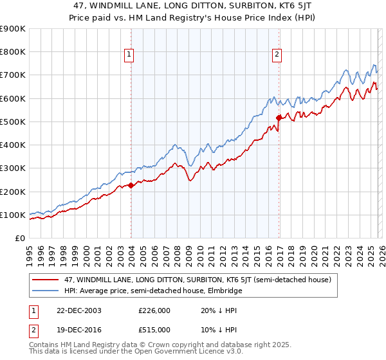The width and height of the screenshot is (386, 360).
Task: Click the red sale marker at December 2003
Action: tap(131, 185)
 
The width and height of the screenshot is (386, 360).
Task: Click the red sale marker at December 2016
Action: tap(279, 118)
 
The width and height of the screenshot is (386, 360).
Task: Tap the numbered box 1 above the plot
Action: tap(129, 55)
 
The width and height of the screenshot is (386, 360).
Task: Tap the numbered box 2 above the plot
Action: tap(277, 55)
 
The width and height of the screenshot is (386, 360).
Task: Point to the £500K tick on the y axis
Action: tap(13, 122)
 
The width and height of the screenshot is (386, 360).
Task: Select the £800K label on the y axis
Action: tap(13, 51)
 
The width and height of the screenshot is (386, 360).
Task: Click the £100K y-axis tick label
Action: tap(13, 215)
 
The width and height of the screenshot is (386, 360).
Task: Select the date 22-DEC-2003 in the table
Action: tap(77, 310)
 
